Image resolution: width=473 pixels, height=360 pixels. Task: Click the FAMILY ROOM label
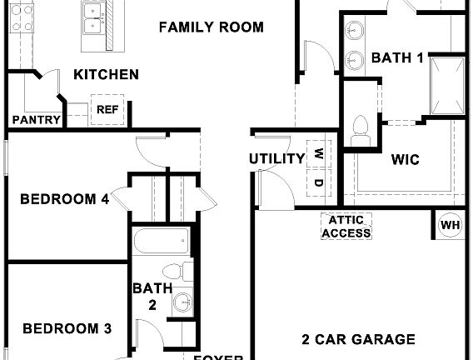click(211, 27)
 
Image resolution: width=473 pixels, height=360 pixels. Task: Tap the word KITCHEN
click(106, 75)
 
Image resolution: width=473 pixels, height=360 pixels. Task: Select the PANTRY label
click(36, 120)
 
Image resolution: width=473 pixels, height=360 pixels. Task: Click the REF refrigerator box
click(107, 109)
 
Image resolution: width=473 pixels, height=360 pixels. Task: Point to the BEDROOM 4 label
click(65, 199)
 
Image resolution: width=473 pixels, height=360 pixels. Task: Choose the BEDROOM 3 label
click(67, 328)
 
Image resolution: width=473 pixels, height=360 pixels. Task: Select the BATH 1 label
click(397, 57)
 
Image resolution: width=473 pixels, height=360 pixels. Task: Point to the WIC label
click(405, 159)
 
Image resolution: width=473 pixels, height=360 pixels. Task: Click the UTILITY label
click(276, 159)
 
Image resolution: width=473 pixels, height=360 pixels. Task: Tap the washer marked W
click(319, 154)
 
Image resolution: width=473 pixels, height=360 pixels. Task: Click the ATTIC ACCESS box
click(346, 226)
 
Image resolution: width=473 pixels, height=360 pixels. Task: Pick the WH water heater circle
click(450, 225)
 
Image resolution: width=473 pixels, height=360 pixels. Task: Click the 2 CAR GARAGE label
click(357, 339)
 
